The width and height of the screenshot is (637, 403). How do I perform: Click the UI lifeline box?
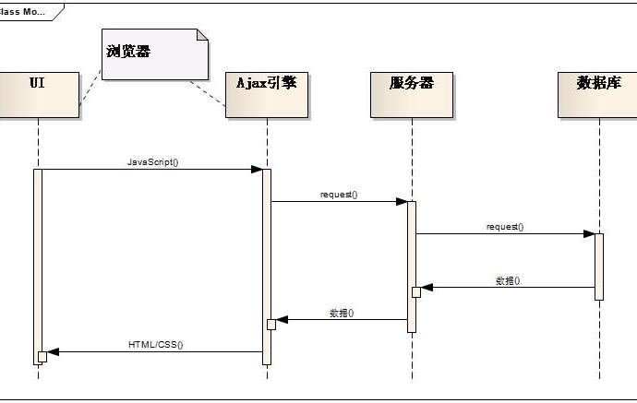pyautogui.click(x=38, y=93)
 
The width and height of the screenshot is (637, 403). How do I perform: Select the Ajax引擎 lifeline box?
pyautogui.click(x=266, y=93)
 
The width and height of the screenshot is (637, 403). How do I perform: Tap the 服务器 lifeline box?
pyautogui.click(x=411, y=93)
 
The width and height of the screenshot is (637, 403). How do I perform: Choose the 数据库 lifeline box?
pyautogui.click(x=597, y=93)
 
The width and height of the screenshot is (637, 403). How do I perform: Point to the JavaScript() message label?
pyautogui.click(x=152, y=161)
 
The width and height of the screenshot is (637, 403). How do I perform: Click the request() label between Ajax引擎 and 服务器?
pyautogui.click(x=339, y=195)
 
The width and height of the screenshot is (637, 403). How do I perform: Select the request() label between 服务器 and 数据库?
pyautogui.click(x=505, y=226)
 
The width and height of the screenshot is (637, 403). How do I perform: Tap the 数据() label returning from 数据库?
pyautogui.click(x=507, y=279)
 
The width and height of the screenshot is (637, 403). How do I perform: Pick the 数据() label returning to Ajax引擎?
pyautogui.click(x=342, y=313)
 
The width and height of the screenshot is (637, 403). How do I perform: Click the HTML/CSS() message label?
pyautogui.click(x=155, y=345)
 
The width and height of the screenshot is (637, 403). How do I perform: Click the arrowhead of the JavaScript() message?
pyautogui.click(x=258, y=169)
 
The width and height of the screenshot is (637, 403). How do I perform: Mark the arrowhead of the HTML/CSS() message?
pyautogui.click(x=53, y=351)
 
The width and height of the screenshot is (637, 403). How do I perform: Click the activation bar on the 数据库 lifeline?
pyautogui.click(x=598, y=266)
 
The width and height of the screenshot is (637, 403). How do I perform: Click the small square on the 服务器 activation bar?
pyautogui.click(x=416, y=291)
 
